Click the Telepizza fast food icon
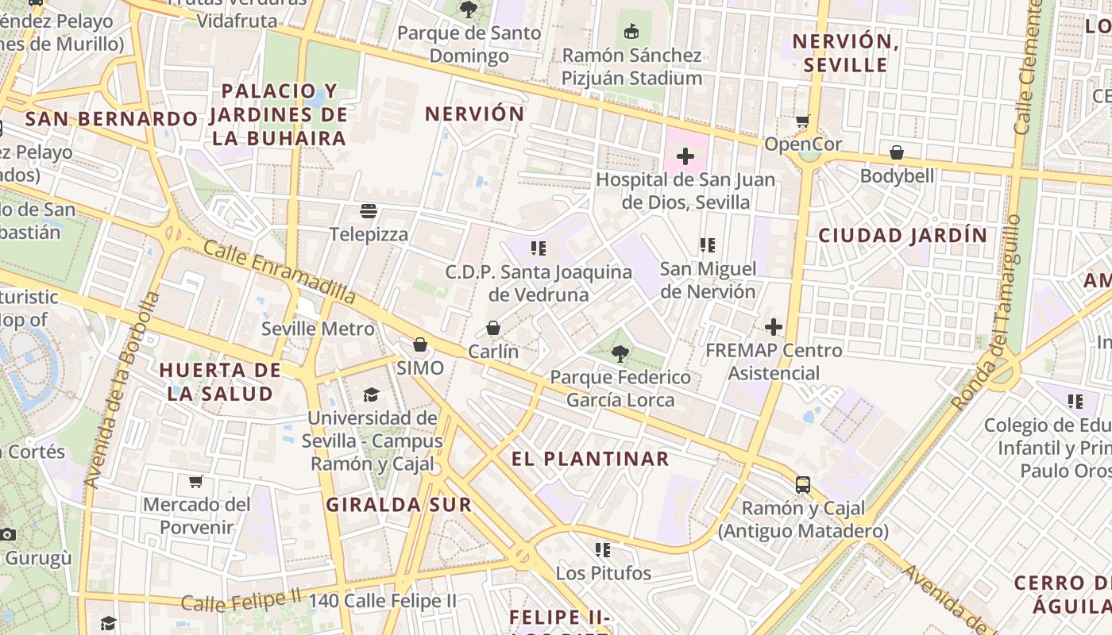(x=368, y=211)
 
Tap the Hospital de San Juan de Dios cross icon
(x=685, y=156)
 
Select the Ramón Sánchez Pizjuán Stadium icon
(x=631, y=32)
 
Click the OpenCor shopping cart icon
(x=802, y=121)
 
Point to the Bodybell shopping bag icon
(x=897, y=152)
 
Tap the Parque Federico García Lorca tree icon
(x=620, y=354)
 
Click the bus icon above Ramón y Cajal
(x=803, y=484)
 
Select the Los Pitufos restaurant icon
(x=603, y=549)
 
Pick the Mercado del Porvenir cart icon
(x=195, y=481)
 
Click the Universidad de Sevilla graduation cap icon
(x=371, y=394)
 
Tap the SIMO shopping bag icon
(x=419, y=344)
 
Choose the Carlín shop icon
(x=493, y=328)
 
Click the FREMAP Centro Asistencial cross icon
(x=773, y=327)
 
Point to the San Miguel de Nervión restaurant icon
(x=708, y=245)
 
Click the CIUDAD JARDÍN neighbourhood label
(x=902, y=235)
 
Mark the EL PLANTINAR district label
(x=590, y=459)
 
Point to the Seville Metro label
(x=318, y=329)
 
